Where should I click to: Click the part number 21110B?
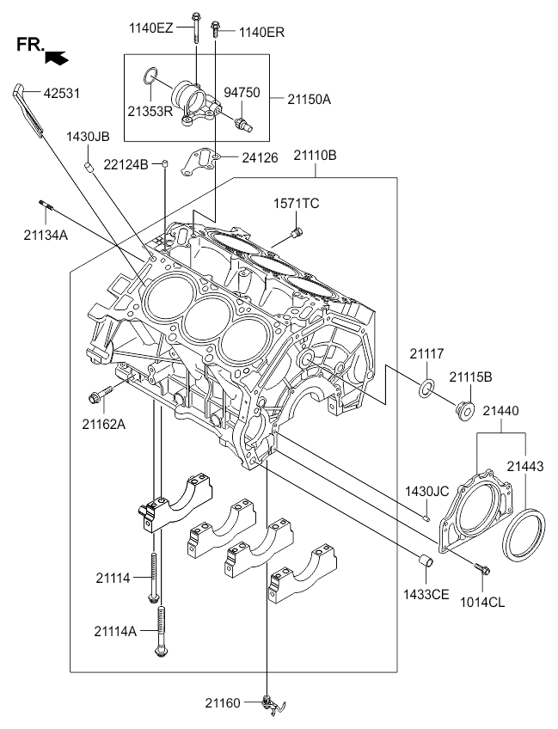[315, 156]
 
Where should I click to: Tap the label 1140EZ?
[151, 28]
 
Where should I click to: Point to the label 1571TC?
[297, 204]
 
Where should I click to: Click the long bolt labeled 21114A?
[160, 628]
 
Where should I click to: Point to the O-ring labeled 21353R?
[150, 77]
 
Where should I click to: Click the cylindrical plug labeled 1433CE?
[425, 561]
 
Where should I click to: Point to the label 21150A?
[303, 99]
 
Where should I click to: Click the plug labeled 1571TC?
[297, 232]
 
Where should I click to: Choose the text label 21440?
[500, 412]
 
